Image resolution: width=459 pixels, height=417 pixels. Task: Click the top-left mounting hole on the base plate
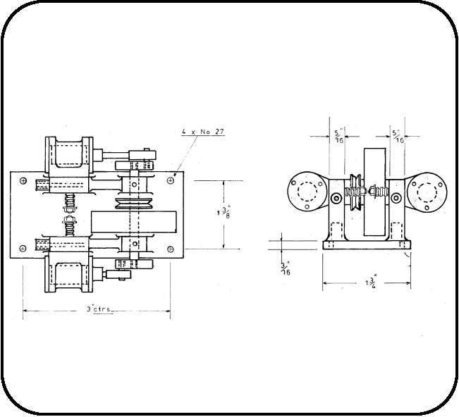(23, 180)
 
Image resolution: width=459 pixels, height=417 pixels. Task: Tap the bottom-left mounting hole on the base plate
(23, 248)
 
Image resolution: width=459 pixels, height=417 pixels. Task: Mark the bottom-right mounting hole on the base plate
(171, 248)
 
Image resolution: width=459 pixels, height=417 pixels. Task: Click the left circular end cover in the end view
(307, 192)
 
